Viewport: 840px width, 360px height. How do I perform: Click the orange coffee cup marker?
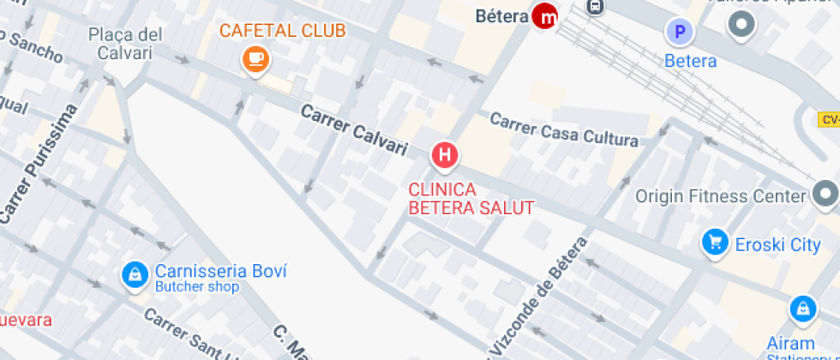click(x=255, y=58)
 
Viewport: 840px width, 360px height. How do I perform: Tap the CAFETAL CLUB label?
click(x=283, y=31)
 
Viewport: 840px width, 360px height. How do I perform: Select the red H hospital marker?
click(x=445, y=155)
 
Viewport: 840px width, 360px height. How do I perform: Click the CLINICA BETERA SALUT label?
click(x=471, y=198)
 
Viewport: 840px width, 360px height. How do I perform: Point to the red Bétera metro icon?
click(x=544, y=15)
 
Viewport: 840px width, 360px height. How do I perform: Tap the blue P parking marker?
click(x=680, y=33)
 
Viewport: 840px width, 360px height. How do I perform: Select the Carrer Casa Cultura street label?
click(x=564, y=129)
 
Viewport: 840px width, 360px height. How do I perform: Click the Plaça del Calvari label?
click(x=125, y=44)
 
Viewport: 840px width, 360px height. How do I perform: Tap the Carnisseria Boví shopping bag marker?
click(x=135, y=273)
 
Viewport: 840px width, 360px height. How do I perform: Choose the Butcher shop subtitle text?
click(x=197, y=287)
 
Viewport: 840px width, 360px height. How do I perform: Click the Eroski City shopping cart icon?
click(x=714, y=243)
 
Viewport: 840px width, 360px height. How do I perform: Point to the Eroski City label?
click(x=777, y=245)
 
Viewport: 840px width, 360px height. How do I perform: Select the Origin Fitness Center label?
click(x=721, y=195)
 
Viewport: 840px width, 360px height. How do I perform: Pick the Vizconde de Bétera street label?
click(x=537, y=296)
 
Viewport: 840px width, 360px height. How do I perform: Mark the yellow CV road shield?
click(x=829, y=119)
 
